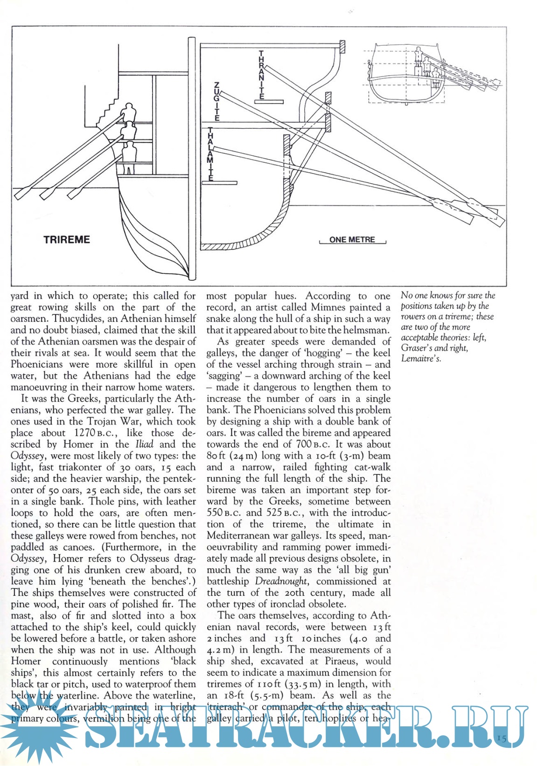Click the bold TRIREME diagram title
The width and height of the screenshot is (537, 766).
click(67, 240)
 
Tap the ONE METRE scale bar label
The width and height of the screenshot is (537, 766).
click(352, 240)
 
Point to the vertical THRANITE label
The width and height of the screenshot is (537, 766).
click(262, 75)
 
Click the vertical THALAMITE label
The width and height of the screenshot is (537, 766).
click(210, 154)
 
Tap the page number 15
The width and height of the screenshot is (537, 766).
click(502, 738)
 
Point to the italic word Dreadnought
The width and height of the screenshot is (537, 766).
click(281, 581)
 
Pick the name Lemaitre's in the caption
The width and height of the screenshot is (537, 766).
click(421, 359)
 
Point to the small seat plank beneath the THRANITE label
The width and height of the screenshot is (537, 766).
click(269, 101)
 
